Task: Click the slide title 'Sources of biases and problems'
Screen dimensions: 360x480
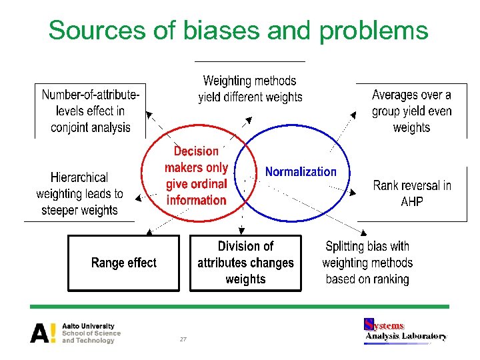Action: click(x=238, y=30)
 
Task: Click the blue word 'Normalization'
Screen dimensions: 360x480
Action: click(x=301, y=171)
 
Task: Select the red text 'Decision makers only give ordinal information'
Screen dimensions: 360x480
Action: click(x=196, y=176)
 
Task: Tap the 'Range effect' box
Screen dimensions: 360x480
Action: click(x=124, y=263)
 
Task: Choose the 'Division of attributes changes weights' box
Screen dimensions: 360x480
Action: click(x=245, y=263)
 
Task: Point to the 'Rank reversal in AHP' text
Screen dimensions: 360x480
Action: click(x=411, y=193)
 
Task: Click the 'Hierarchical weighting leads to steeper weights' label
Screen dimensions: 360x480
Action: click(x=79, y=194)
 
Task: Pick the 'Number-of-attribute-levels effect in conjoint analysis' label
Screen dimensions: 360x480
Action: click(x=91, y=111)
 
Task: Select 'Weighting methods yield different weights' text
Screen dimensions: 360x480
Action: click(x=250, y=89)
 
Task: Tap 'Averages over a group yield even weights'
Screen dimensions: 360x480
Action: click(x=411, y=111)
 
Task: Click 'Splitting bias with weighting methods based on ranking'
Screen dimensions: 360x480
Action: click(x=367, y=263)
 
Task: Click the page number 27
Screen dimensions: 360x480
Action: click(x=183, y=339)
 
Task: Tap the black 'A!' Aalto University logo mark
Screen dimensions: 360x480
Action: click(x=43, y=333)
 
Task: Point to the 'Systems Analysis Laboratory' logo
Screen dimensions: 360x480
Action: click(x=405, y=331)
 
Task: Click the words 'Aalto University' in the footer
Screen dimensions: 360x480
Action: click(x=88, y=326)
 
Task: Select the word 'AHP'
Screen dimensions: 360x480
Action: click(x=412, y=201)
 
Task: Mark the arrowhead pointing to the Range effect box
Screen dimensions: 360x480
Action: click(x=149, y=231)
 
